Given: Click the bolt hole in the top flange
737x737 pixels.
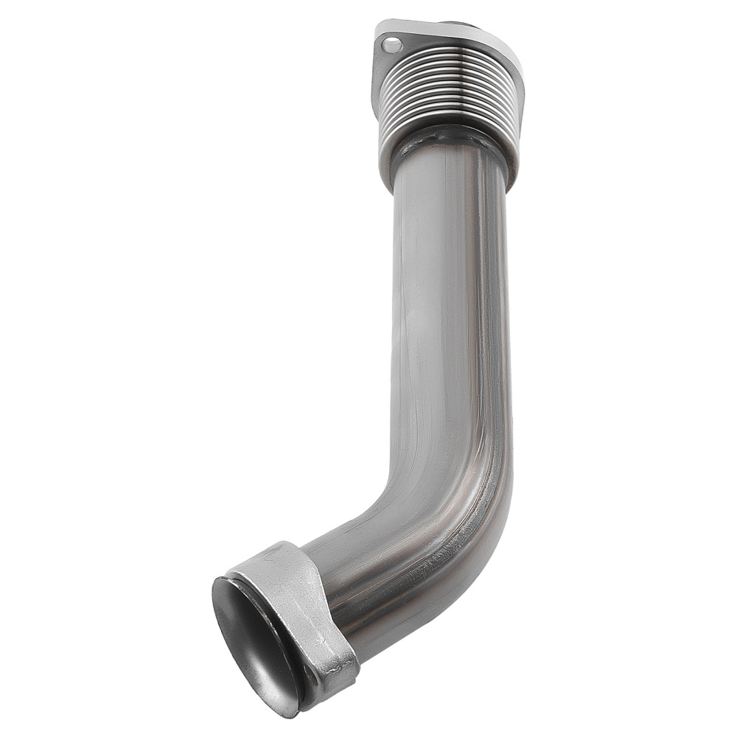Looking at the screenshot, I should coord(392,46).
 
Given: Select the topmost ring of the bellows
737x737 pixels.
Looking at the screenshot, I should coord(450,52).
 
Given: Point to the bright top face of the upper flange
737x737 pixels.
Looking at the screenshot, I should coord(413,29).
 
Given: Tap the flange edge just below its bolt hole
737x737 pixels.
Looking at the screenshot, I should coord(380,74).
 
